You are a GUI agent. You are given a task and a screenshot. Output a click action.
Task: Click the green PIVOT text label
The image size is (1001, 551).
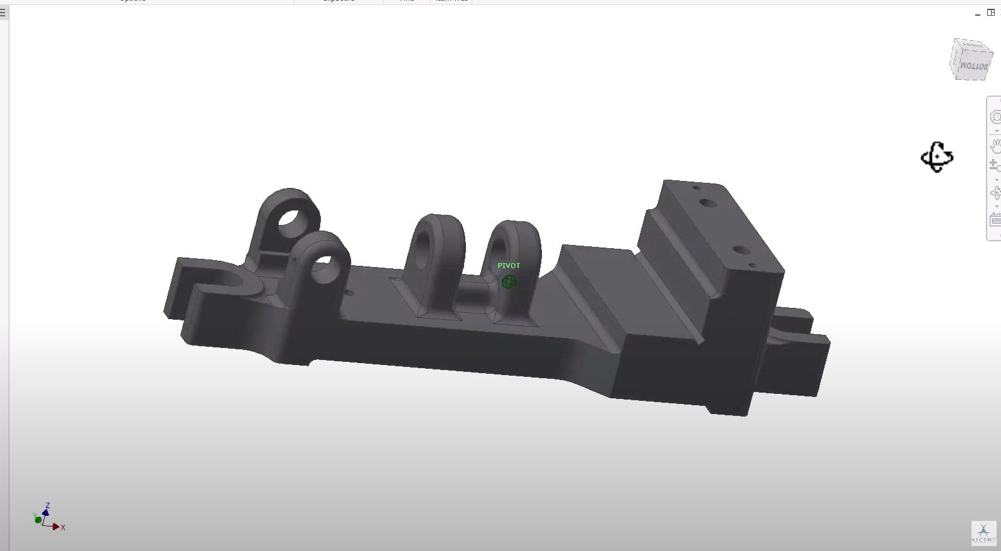pyautogui.click(x=509, y=266)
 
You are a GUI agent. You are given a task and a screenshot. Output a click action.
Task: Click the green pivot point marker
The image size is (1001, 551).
pyautogui.click(x=509, y=282)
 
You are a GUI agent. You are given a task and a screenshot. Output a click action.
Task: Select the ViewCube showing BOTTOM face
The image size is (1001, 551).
pyautogui.click(x=971, y=60)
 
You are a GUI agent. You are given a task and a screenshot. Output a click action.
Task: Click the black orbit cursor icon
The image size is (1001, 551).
pyautogui.click(x=936, y=157)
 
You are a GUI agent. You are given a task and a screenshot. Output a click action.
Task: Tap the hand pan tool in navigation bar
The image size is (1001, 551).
pyautogui.click(x=995, y=146)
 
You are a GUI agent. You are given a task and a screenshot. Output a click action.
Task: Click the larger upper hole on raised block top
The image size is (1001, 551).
pyautogui.click(x=708, y=204)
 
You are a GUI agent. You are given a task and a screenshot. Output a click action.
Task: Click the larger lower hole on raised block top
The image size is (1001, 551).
pyautogui.click(x=742, y=251)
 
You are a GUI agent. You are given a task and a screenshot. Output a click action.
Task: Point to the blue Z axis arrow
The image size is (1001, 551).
pyautogui.click(x=46, y=511)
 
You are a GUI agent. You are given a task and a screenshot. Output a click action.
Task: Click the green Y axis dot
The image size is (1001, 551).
pyautogui.click(x=38, y=520)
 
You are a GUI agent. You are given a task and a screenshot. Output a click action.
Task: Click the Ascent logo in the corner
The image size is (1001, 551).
pyautogui.click(x=983, y=533)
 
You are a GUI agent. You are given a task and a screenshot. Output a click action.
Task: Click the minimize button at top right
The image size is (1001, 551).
pyautogui.click(x=978, y=13)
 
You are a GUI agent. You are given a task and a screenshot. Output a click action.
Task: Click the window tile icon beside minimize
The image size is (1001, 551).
pyautogui.click(x=991, y=13)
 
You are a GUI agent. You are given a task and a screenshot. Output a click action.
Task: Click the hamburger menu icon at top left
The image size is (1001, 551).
pyautogui.click(x=3, y=13)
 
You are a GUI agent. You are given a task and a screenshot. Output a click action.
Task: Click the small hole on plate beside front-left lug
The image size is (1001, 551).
pyautogui.click(x=348, y=292)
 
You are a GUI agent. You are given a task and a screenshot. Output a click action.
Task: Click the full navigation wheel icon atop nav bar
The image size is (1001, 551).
pyautogui.click(x=995, y=117)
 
